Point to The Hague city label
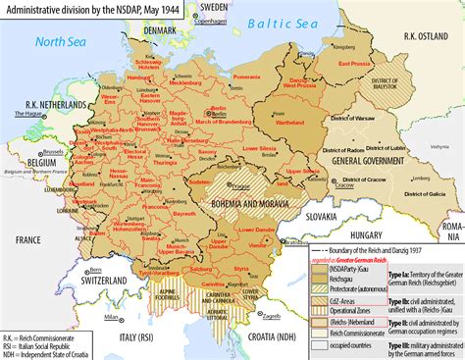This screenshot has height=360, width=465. click(23, 115)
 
